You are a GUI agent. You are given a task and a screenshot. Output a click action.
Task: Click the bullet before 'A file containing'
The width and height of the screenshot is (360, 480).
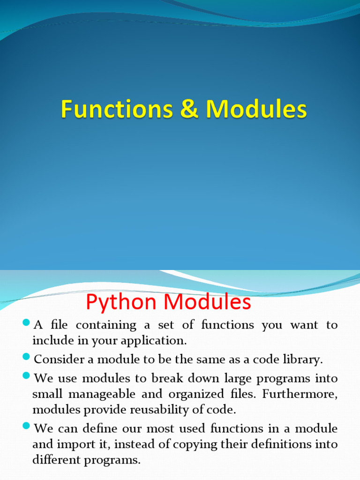pyautogui.click(x=26, y=323)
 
